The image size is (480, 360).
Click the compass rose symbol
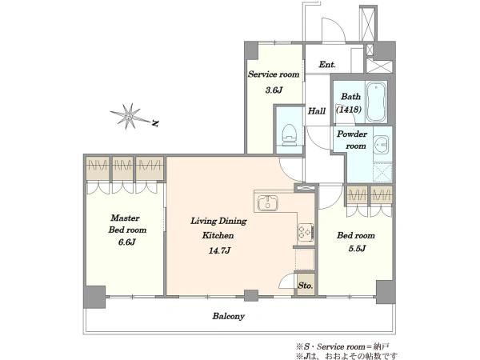coord(130,116)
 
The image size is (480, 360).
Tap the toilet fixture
coord(289,135)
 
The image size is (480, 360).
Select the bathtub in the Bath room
coord(376,102)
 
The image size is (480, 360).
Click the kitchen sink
coord(268,202)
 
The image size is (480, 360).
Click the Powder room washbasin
coord(382,144)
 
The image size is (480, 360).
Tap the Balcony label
coord(228,316)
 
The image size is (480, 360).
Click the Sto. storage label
coord(306,286)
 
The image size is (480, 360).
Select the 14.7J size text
coord(219,250)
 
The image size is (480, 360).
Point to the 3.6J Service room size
coord(274,90)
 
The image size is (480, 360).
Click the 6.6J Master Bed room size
coord(126,242)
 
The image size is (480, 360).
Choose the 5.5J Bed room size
coord(357,248)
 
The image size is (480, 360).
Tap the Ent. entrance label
coord(327,64)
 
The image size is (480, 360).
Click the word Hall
coord(317,111)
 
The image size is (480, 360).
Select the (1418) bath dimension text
coord(349,110)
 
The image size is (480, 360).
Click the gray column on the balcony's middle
coord(251,295)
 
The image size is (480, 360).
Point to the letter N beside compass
coord(155,123)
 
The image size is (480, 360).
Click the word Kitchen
coord(218,235)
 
